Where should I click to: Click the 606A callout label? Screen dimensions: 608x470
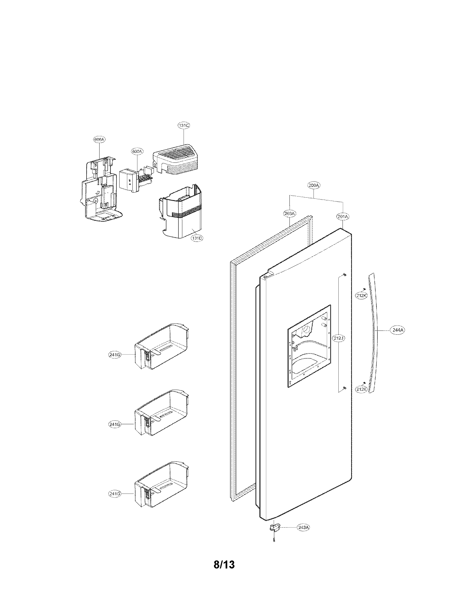point(100,140)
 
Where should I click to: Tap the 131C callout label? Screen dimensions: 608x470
point(184,125)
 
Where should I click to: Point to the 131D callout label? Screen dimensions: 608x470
point(197,239)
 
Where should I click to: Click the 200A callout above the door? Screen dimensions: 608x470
point(314,185)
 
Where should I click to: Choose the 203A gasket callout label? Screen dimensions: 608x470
point(289,214)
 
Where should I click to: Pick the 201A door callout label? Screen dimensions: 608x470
point(343,216)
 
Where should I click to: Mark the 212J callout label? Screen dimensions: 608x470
point(339,338)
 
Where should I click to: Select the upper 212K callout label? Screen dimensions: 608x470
point(361,296)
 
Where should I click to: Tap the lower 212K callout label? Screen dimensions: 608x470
point(361,389)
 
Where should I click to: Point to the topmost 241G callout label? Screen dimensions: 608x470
point(115,355)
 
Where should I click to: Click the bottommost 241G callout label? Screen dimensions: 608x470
point(115,494)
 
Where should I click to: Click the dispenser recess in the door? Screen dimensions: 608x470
point(309,347)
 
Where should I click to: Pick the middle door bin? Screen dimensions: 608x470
point(161,413)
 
